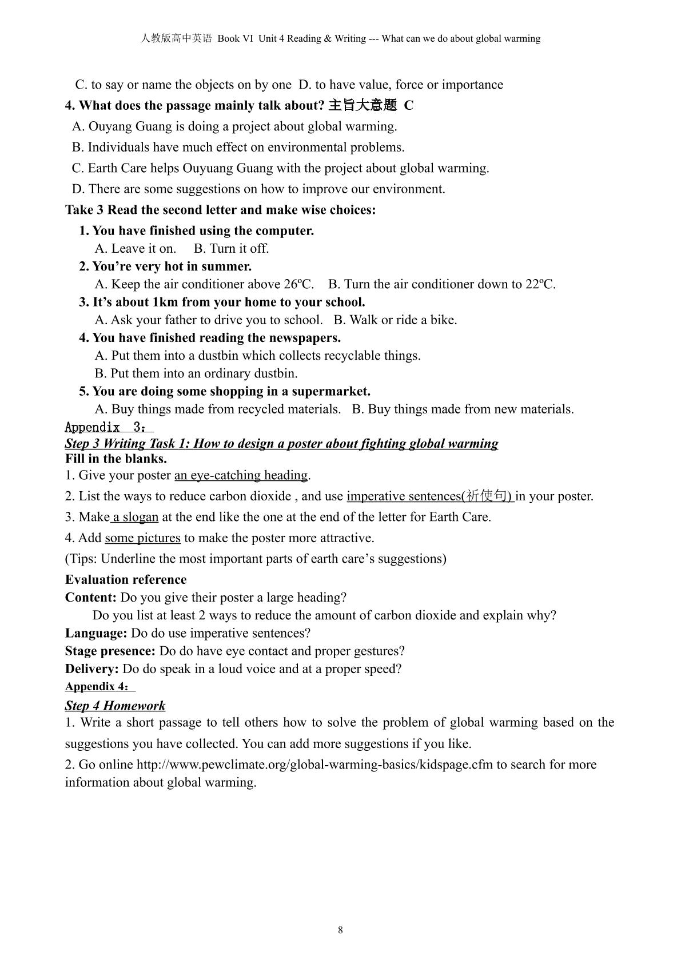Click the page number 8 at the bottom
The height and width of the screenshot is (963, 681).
pyautogui.click(x=340, y=930)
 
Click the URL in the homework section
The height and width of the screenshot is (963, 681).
pyautogui.click(x=314, y=765)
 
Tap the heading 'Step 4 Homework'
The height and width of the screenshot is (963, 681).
pyautogui.click(x=115, y=706)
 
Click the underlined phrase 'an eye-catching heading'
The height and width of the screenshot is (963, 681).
pyautogui.click(x=241, y=475)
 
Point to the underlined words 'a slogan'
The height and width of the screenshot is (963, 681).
pyautogui.click(x=135, y=517)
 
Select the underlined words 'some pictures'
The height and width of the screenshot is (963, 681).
pyautogui.click(x=142, y=538)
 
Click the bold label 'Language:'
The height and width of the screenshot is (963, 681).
pyautogui.click(x=96, y=633)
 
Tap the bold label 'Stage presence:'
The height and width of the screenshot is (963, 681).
pyautogui.click(x=110, y=651)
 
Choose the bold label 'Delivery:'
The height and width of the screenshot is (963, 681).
pyautogui.click(x=92, y=668)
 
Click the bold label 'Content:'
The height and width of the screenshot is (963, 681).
pyautogui.click(x=91, y=598)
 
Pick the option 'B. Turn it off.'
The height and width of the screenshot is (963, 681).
pyautogui.click(x=231, y=248)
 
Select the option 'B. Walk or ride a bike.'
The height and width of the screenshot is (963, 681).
pyautogui.click(x=395, y=320)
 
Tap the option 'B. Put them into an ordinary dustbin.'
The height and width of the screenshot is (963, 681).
pyautogui.click(x=196, y=373)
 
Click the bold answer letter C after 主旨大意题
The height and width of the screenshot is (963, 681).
pyautogui.click(x=408, y=105)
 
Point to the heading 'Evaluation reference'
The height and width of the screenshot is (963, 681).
pyautogui.click(x=126, y=579)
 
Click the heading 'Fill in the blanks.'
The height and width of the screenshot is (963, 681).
pyautogui.click(x=116, y=459)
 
